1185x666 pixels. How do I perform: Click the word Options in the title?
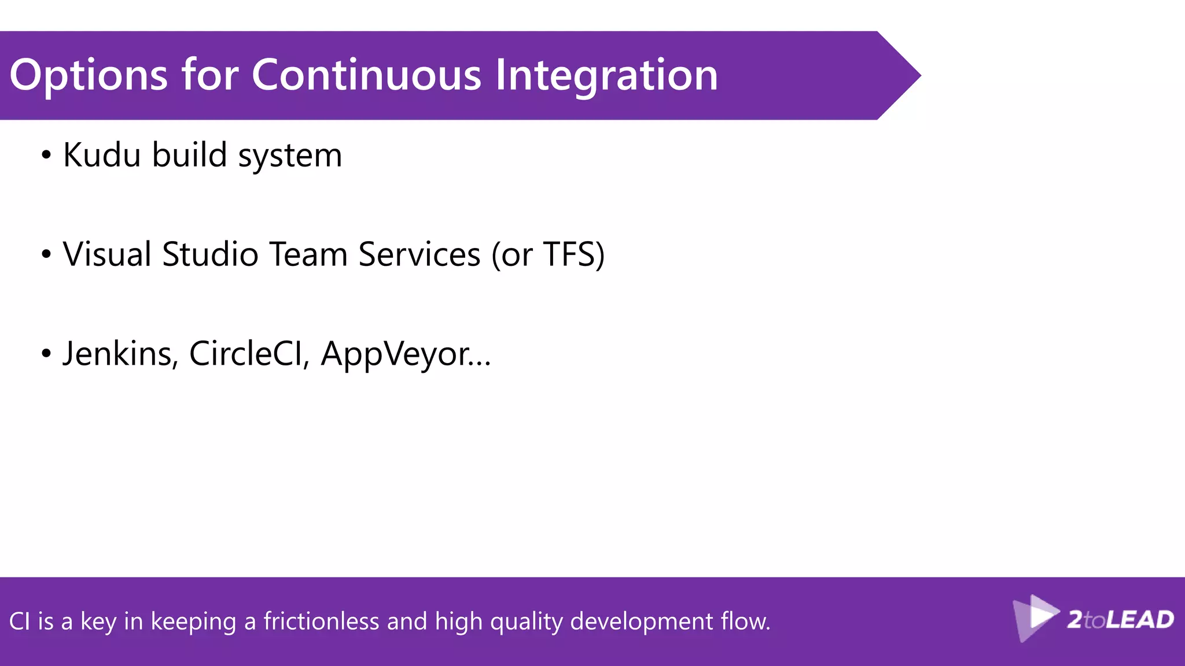(x=88, y=76)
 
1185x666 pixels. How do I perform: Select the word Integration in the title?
(x=606, y=76)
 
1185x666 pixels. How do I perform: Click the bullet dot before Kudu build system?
(x=46, y=156)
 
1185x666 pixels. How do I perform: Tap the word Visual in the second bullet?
(x=107, y=254)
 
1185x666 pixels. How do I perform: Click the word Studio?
(x=210, y=254)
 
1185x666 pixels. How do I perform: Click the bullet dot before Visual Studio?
(x=46, y=254)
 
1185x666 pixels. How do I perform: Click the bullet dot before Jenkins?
(x=46, y=354)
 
